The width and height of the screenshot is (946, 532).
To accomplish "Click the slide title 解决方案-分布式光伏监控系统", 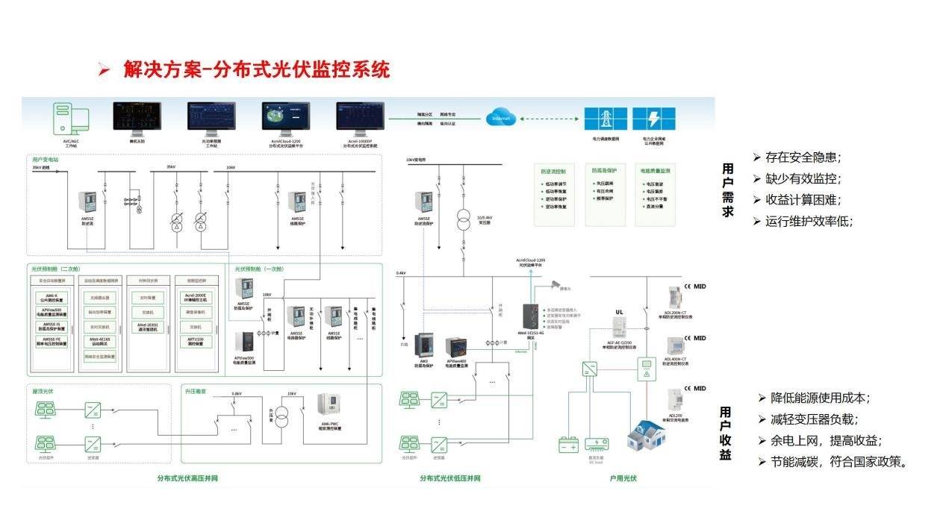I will tap(256, 70).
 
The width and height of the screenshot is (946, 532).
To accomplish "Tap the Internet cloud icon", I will tap(500, 118).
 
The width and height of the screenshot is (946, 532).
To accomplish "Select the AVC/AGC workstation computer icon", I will tap(70, 119).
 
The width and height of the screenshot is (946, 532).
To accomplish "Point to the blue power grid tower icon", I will tap(605, 119).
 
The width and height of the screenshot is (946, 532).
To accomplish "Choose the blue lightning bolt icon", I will tap(653, 119).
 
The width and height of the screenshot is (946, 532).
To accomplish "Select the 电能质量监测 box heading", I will tap(655, 170).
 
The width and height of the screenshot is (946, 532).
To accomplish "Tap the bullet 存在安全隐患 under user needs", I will tap(803, 157).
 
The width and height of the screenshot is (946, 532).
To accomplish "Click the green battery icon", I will tap(569, 445).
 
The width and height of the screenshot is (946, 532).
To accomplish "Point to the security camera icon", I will tap(556, 283).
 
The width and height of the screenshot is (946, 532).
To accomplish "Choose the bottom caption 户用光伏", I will tap(623, 478).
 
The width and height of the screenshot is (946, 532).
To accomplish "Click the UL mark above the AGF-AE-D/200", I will tap(619, 312).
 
